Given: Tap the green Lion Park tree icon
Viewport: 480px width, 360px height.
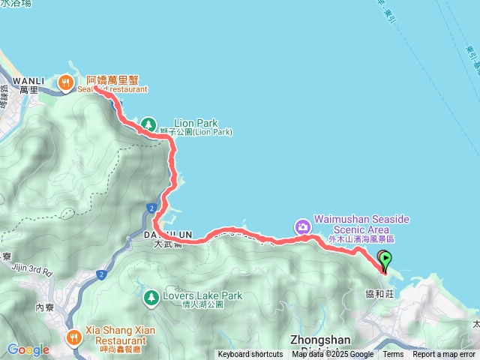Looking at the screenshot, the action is [148, 122].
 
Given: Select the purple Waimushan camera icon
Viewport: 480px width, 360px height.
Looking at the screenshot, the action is [301, 226].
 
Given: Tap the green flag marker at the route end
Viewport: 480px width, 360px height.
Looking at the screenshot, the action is [385, 259].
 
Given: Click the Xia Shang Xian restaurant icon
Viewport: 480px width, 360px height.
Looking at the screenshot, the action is [73, 336].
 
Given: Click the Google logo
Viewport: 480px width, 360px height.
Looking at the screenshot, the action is [28, 349].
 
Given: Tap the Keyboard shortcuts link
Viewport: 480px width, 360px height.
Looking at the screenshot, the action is [250, 355].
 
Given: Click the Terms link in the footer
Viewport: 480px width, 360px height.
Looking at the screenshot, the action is [393, 355].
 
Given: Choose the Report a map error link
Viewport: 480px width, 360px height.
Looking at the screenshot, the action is [445, 355].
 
